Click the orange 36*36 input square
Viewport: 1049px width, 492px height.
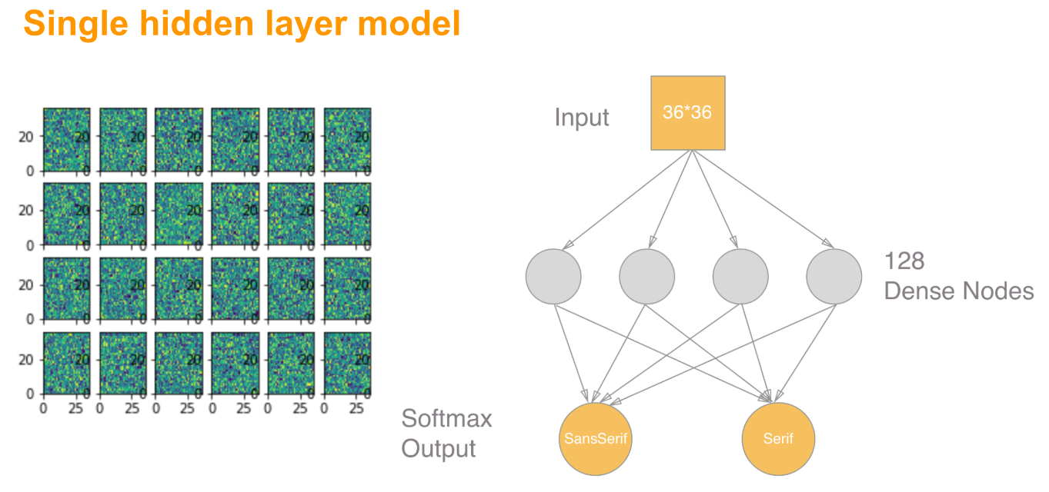[x=687, y=112]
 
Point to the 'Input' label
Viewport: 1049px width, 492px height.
[x=581, y=118]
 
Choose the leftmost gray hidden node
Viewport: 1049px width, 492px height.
[x=553, y=276]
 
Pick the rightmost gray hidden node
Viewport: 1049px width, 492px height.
[x=834, y=276]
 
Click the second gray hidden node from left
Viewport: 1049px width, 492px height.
[x=646, y=276]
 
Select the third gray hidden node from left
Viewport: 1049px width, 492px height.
[x=740, y=276]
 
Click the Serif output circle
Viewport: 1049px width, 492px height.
[x=778, y=439]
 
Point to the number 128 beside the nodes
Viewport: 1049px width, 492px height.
[x=904, y=261]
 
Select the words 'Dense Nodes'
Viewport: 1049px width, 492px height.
[x=959, y=291]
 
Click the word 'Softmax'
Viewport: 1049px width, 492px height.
[x=446, y=419]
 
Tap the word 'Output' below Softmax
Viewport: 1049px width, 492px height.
[x=439, y=449]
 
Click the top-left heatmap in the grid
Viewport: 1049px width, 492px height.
[x=66, y=139]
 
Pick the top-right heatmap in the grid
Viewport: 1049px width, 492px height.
[x=347, y=139]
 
